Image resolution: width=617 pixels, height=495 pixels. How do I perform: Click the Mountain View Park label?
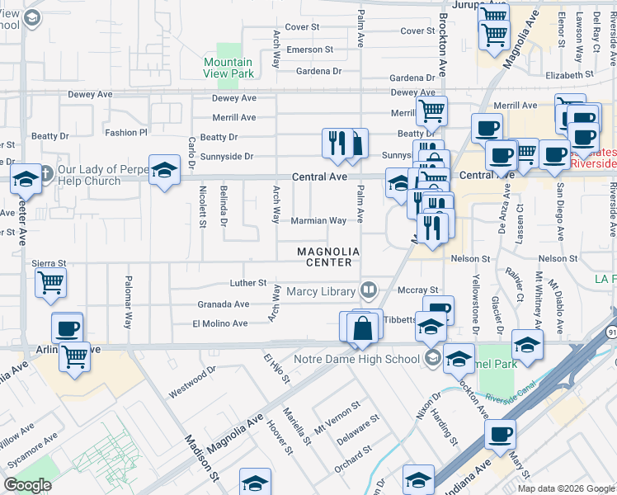(228, 68)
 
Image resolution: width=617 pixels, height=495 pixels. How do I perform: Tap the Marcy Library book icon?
(368, 290)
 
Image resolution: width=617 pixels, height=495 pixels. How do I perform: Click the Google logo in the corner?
(28, 484)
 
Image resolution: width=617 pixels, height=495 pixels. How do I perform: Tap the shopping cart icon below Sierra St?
(50, 284)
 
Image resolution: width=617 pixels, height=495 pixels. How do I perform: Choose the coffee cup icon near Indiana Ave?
(500, 434)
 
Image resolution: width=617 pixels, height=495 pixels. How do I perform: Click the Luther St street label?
(247, 283)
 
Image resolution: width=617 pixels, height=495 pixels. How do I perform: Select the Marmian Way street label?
(318, 221)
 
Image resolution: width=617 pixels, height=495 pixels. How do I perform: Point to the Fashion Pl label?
(125, 132)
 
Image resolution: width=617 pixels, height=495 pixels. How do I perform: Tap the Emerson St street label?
(309, 49)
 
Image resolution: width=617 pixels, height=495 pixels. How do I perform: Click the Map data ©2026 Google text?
(565, 488)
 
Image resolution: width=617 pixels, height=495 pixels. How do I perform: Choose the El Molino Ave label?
(219, 323)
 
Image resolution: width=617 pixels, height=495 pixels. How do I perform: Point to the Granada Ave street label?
(223, 304)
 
